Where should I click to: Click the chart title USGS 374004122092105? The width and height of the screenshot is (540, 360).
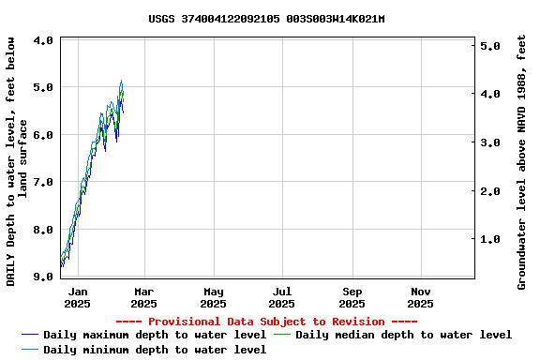pos(266,19)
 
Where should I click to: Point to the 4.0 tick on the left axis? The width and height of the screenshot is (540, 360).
pos(43,41)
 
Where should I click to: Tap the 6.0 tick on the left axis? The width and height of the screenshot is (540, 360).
pos(43,135)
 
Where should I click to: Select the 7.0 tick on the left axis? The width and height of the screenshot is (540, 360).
pos(43,182)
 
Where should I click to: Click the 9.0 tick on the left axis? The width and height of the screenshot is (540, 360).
pos(43,277)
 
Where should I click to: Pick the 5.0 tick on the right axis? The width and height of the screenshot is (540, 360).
pos(489,46)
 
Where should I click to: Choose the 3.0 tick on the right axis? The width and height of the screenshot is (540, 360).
pos(489,142)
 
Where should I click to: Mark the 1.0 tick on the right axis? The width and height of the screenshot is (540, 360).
pos(489,240)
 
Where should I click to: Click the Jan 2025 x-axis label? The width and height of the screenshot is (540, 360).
pos(78,297)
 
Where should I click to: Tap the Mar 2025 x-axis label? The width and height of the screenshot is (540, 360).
pos(143,297)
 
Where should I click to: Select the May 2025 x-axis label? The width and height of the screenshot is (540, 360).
pos(213,297)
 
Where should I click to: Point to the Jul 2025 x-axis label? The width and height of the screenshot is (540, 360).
pos(282,297)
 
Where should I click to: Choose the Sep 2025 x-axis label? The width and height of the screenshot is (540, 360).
pos(352,297)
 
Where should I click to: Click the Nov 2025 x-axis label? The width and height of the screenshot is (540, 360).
pos(420,297)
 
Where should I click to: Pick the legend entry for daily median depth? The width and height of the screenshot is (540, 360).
pos(404,335)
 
